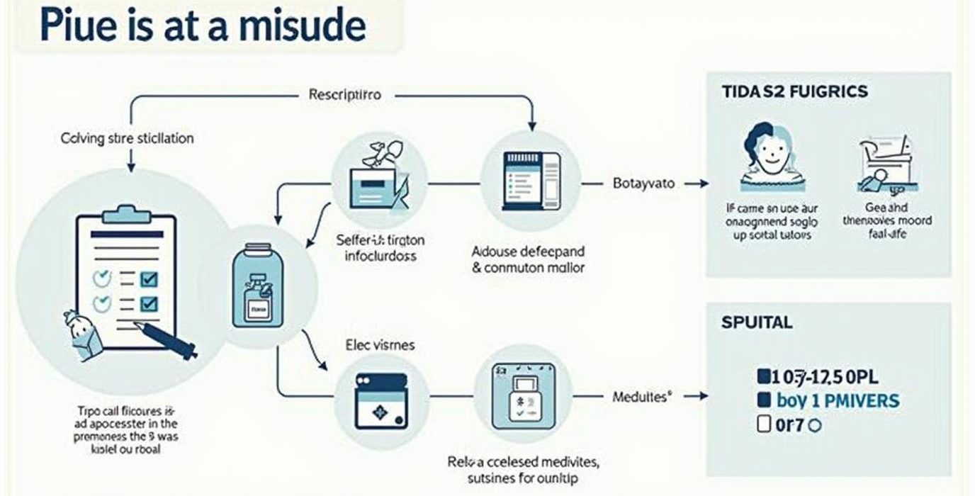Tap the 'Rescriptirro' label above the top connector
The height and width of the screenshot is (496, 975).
pos(344,94)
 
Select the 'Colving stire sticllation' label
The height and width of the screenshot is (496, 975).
pos(127,138)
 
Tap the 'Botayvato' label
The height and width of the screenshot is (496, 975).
pos(643,184)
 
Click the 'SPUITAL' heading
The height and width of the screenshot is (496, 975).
pos(757,322)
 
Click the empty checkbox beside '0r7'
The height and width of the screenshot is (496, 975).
pos(764,425)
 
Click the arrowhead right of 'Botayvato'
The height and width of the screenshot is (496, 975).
pos(704,184)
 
